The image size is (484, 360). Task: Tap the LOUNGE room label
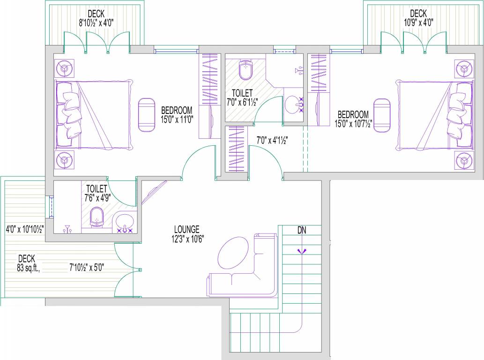[x=187, y=229]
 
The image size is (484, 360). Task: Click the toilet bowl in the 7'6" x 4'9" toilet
[x=97, y=217]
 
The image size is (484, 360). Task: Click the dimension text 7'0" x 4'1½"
[x=272, y=140]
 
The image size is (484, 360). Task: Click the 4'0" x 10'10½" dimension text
[x=25, y=230]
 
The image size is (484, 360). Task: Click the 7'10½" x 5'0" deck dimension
[x=87, y=268]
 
